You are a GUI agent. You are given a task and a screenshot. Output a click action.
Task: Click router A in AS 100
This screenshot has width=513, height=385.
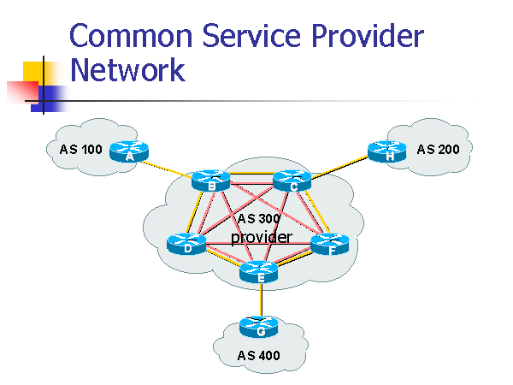pos(131,152)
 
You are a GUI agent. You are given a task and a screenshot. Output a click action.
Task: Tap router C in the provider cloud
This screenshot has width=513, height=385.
pos(292,181)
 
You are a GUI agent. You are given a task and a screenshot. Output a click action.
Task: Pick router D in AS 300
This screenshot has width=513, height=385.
pos(187,245)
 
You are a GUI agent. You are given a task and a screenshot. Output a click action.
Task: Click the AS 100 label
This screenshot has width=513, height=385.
pos(81,151)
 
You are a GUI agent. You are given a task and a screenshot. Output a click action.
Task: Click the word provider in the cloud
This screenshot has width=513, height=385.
pos(261,237)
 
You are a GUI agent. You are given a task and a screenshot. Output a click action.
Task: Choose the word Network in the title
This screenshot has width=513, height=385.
pos(127,69)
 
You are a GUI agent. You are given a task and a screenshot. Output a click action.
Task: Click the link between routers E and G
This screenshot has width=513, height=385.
pos(260,299)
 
